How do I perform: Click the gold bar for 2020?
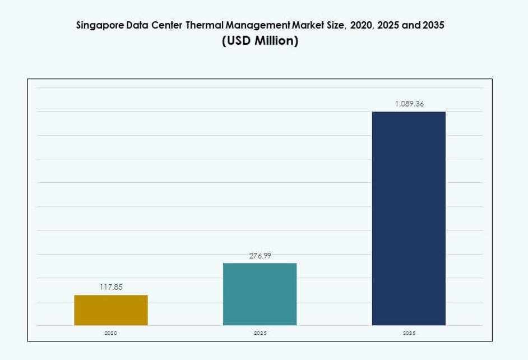111,310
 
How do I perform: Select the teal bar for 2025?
260,294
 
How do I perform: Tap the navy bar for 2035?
409,218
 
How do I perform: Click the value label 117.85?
111,287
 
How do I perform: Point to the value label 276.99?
260,256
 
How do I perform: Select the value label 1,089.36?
409,104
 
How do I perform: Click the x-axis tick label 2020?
111,333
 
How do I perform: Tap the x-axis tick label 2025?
260,333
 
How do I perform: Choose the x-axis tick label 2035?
409,333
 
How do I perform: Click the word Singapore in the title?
98,26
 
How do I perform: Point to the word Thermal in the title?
205,26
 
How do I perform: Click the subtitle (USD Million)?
260,41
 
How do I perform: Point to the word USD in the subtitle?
237,41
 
